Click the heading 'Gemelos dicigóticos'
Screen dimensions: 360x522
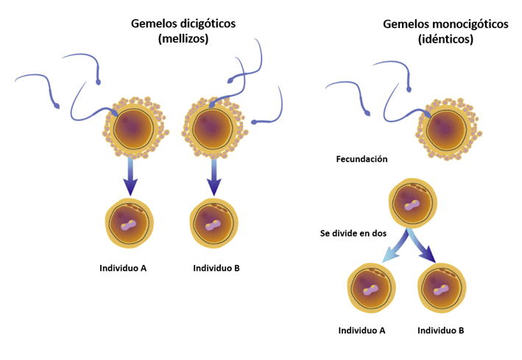pyautogui.click(x=183, y=23)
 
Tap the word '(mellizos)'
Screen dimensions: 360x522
pyautogui.click(x=183, y=40)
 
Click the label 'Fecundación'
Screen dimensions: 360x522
pyautogui.click(x=361, y=159)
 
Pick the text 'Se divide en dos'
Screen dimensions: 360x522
pyautogui.click(x=353, y=233)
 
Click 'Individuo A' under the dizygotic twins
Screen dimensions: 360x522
pyautogui.click(x=123, y=268)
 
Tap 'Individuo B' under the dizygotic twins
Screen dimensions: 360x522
pyautogui.click(x=216, y=268)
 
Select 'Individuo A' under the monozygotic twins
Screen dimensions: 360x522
pyautogui.click(x=361, y=331)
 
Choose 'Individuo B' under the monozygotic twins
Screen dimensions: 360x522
pyautogui.click(x=440, y=331)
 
